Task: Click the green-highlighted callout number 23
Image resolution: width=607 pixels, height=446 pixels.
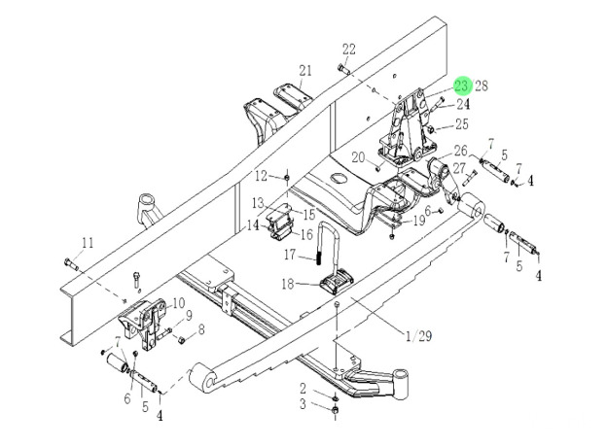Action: (x=462, y=86)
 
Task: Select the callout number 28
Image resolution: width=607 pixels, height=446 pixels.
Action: (x=481, y=86)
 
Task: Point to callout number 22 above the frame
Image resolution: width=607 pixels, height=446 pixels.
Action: (x=349, y=51)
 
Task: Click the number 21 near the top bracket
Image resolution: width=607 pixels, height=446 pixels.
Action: (x=305, y=70)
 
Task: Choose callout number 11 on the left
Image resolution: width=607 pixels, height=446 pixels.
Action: (x=88, y=243)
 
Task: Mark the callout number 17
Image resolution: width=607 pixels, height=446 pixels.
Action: (x=289, y=256)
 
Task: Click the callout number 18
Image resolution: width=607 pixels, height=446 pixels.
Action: (x=289, y=284)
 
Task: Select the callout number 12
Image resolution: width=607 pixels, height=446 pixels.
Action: (x=261, y=176)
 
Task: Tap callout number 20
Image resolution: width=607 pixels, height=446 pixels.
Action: (x=358, y=156)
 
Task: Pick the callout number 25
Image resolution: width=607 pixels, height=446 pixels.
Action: (x=461, y=124)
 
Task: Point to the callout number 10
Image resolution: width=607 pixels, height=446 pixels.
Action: (x=178, y=303)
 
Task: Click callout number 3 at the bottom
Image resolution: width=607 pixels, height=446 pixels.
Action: (x=303, y=403)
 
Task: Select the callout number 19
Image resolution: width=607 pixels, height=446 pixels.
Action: (x=418, y=221)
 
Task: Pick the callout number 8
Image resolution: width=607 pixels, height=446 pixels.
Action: (x=201, y=329)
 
